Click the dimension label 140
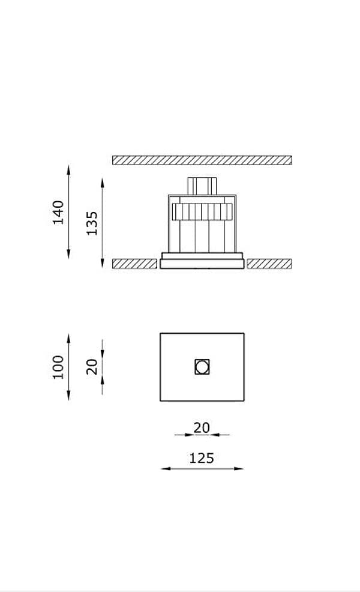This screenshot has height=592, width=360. coord(58,213)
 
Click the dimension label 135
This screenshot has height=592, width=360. coord(92,223)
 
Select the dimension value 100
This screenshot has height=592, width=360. coord(58,367)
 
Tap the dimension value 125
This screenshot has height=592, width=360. coord(202,458)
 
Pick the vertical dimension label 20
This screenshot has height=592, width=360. coord(92,367)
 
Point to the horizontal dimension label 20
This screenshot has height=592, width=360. coord(202,427)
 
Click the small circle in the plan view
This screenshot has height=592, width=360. coord(202,367)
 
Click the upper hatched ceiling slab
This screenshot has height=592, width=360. coord(202,160)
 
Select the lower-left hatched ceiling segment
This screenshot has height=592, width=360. coord(135,264)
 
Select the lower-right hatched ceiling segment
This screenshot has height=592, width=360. coord(269,264)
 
